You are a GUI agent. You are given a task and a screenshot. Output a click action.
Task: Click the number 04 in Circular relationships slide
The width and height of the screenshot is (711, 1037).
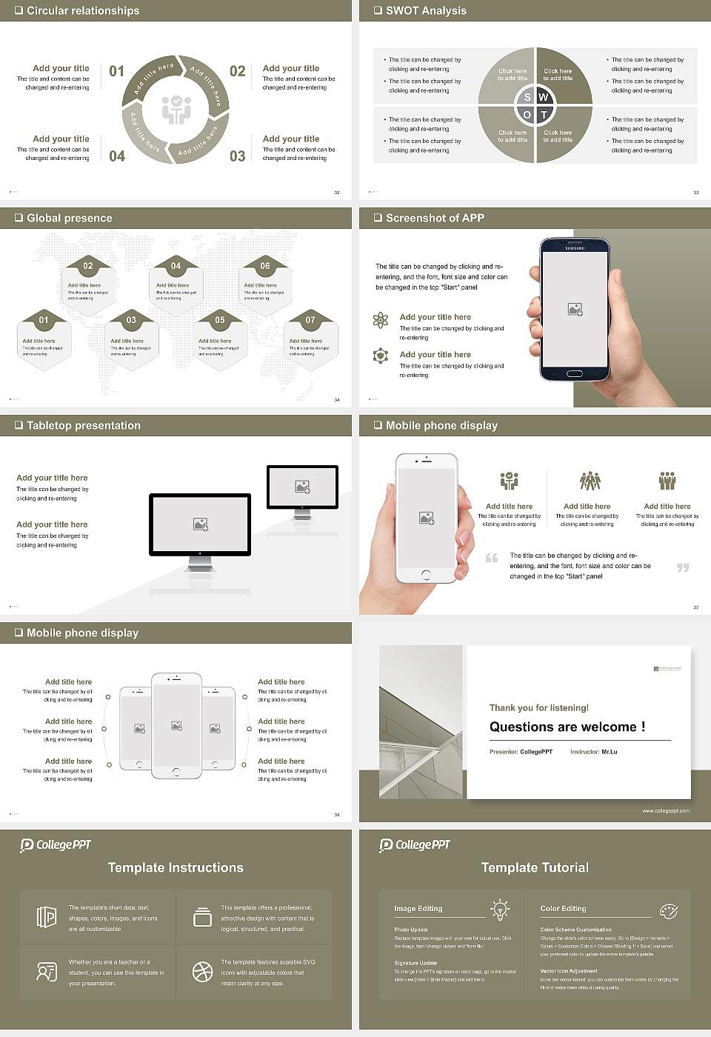pos(117,156)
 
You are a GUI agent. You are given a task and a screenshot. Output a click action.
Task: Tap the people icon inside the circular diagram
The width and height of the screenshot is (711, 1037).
pos(176,110)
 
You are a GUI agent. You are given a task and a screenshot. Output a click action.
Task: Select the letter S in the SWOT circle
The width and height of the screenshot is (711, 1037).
pos(527,97)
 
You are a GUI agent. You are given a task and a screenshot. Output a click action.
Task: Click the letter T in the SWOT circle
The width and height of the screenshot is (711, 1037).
pos(544,115)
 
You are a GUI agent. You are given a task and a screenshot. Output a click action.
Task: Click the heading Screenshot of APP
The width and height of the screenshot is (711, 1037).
pos(435,218)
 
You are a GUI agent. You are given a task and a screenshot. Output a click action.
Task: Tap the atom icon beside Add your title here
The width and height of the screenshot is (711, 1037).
pos(381,320)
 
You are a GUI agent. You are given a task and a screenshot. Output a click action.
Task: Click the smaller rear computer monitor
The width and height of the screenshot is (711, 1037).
pos(302,487)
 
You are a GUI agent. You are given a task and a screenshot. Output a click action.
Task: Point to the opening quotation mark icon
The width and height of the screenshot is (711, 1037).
pos(492,558)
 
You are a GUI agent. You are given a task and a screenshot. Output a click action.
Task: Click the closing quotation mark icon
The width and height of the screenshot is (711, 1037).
pos(683,567)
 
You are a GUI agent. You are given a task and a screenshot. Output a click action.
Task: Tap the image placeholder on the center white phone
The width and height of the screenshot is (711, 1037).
pos(176,726)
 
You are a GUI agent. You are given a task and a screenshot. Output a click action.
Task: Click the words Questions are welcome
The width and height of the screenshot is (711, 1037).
pos(567,727)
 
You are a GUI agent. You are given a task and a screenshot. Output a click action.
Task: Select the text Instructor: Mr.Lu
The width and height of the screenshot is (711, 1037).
pos(593,752)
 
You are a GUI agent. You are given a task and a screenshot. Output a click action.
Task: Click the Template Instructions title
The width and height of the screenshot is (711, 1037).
pos(176,867)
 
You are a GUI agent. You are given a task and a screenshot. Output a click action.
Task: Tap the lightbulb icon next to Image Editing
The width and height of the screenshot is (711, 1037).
pos(500,910)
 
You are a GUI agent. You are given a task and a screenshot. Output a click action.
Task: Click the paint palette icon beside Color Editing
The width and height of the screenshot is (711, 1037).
pos(668,910)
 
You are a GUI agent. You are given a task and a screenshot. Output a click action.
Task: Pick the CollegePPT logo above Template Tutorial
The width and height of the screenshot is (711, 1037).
pos(415,844)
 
